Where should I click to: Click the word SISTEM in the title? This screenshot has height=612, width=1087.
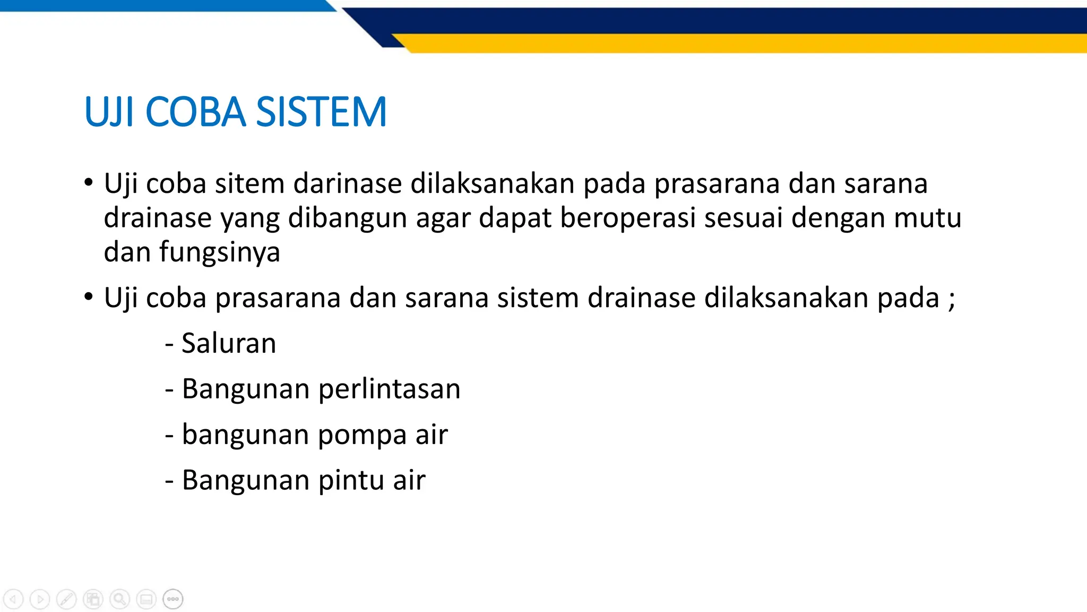[x=321, y=112]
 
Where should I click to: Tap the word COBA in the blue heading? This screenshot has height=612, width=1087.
[x=195, y=112]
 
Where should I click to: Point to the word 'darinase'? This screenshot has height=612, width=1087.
[x=348, y=184]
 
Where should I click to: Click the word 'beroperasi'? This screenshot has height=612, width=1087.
[x=627, y=218]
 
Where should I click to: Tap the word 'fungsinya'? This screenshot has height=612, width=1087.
[x=219, y=252]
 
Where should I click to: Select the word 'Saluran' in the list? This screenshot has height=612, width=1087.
[x=229, y=343]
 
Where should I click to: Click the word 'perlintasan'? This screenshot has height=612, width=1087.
[x=390, y=389]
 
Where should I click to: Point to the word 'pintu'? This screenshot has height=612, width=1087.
[x=351, y=480]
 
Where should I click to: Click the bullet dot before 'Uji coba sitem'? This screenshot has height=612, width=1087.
[x=89, y=183]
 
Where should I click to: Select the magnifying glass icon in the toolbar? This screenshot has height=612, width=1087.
[x=119, y=599]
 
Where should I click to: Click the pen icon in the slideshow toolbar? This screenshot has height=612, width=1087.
[x=66, y=599]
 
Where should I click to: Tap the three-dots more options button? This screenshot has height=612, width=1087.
[x=173, y=599]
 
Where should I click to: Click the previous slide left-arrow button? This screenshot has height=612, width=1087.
[x=13, y=599]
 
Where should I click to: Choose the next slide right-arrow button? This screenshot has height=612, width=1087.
[x=40, y=599]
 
